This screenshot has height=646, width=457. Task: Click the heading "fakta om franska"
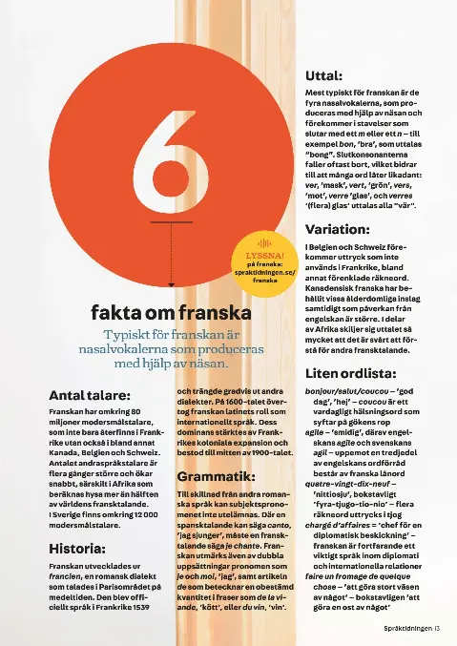171,312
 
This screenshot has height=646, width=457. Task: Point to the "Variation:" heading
338,229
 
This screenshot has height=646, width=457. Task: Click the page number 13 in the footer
435,629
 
